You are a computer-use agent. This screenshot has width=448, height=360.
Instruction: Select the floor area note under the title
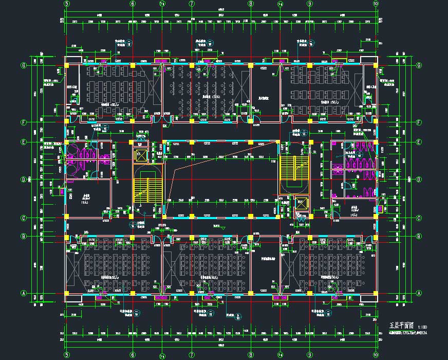tap(408, 333)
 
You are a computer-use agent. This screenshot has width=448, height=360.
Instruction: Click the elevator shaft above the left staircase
tap(140, 155)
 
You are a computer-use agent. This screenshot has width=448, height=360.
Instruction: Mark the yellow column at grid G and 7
tap(192, 66)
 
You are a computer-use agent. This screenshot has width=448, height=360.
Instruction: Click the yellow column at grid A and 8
tap(251, 294)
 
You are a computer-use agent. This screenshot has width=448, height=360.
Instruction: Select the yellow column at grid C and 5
tap(67, 218)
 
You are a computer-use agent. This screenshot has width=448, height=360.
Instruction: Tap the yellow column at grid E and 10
tap(376, 142)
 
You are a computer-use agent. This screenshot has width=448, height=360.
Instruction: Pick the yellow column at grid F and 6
tap(133, 122)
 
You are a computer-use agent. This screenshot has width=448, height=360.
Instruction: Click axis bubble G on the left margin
tap(23, 66)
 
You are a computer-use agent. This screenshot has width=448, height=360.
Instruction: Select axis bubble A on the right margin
tap(419, 294)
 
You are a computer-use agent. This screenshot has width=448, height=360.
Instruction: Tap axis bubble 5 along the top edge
tap(67, 4)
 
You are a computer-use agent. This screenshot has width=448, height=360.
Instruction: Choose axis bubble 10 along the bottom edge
tap(376, 355)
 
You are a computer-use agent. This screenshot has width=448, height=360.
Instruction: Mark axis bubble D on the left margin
tap(23, 179)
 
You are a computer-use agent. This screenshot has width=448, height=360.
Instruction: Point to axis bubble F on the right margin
tap(419, 122)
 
